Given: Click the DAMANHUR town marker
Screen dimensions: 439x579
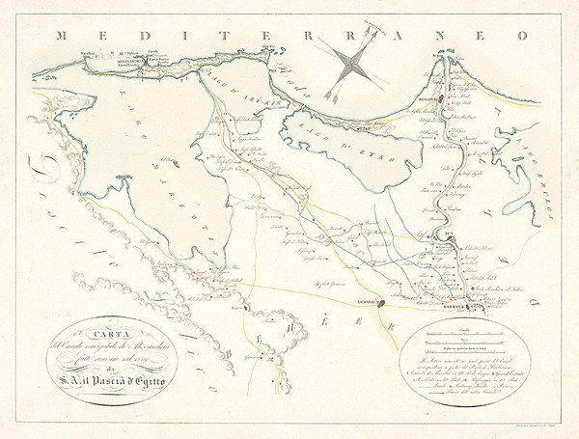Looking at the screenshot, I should pos(382,303).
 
